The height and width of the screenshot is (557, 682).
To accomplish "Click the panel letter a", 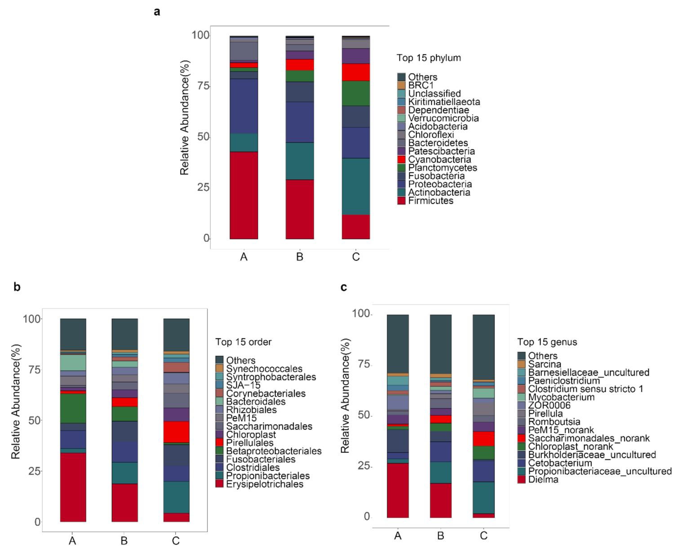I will (157, 12).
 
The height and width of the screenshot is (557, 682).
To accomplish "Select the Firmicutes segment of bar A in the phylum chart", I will (244, 195).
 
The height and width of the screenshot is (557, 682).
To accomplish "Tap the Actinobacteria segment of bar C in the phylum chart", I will (356, 186).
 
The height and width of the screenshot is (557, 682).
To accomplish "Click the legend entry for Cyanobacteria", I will (439, 159).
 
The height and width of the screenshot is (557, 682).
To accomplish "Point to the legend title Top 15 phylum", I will (429, 58).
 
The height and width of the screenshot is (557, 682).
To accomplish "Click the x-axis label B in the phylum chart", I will (300, 257).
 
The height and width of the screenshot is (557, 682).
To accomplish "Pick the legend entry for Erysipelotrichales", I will (264, 484).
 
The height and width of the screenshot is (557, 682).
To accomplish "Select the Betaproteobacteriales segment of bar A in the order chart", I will (73, 408).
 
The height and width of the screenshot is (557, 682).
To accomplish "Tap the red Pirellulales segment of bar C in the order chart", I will (176, 432).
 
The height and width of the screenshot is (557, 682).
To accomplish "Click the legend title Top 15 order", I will (243, 342).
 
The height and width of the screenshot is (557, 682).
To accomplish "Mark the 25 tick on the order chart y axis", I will (35, 471).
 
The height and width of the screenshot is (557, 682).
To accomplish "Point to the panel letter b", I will (17, 287).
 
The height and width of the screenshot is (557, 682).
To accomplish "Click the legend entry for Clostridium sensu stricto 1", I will (585, 389).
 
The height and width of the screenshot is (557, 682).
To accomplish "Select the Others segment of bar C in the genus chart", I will (483, 346).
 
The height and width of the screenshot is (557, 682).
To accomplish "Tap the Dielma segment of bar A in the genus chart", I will (398, 490).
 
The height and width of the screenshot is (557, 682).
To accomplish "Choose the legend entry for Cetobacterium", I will (559, 463).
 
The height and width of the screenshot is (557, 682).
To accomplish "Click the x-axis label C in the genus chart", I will (483, 535).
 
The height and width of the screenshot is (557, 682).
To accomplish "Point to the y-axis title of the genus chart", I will (345, 395).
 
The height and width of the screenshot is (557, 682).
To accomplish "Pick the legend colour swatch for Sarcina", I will (521, 364).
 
